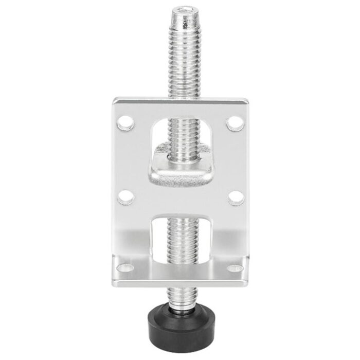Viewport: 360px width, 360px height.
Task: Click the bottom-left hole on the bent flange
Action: [124, 268]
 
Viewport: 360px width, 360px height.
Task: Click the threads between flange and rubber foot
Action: [180, 296]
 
